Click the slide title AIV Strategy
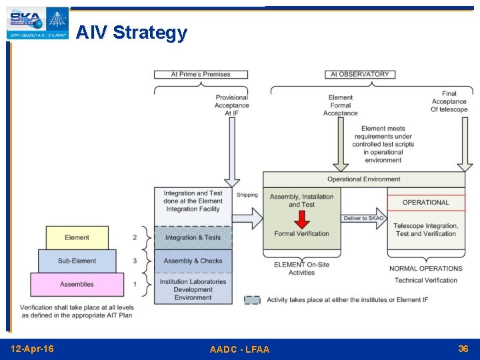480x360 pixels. click(x=131, y=32)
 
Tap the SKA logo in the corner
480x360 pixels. click(x=37, y=22)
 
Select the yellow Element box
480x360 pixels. click(x=77, y=238)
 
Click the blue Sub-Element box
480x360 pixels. click(x=77, y=261)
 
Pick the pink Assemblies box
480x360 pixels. click(x=77, y=285)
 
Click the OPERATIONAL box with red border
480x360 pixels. click(x=425, y=203)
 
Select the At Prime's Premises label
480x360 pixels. click(x=201, y=74)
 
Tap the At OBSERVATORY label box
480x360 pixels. click(x=359, y=74)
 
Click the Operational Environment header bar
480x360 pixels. click(x=363, y=179)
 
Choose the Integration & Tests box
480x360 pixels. click(x=193, y=238)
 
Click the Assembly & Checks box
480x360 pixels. click(x=193, y=261)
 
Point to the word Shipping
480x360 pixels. click(x=247, y=195)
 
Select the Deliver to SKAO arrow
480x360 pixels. click(x=363, y=218)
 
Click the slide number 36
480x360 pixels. click(x=463, y=349)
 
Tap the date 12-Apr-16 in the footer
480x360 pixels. click(x=33, y=349)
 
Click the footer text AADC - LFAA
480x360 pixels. click(x=239, y=349)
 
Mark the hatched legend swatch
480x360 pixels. click(x=252, y=300)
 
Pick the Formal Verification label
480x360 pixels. click(x=301, y=233)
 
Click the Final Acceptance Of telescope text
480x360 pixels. click(x=449, y=102)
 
